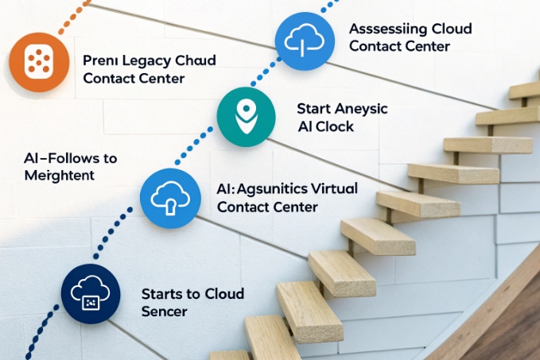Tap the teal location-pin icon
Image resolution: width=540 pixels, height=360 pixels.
(x=245, y=117)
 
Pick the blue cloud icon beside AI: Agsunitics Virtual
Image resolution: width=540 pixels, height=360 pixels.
(x=169, y=198)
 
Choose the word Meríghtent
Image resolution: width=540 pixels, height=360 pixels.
(x=59, y=175)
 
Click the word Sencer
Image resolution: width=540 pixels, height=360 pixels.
(x=164, y=312)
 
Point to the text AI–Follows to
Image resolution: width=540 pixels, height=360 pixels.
(x=70, y=157)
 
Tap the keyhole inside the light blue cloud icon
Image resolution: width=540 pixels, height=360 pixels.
(x=170, y=203)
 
